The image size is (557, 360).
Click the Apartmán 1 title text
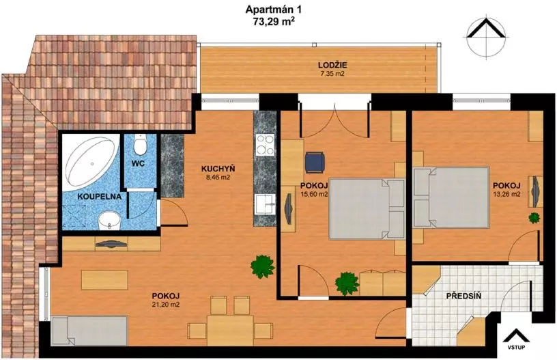coord(270,10)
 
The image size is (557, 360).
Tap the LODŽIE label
coord(332,65)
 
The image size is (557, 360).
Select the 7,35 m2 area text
coord(332,74)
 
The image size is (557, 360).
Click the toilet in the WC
coord(140,145)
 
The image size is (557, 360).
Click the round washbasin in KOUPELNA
coord(109,222)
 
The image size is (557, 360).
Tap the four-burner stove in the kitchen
coord(266,145)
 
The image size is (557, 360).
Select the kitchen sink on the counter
coord(265,205)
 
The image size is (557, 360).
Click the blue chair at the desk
coord(315,162)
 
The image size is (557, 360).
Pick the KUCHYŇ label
coord(218,169)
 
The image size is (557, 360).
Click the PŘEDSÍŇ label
coord(464,295)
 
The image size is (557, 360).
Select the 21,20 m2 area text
coord(166,305)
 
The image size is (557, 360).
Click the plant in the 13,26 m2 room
coord(534,217)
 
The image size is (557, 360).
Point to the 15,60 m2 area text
coord(314,194)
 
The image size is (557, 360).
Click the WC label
coord(137,164)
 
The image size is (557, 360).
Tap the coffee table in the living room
coord(105,280)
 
